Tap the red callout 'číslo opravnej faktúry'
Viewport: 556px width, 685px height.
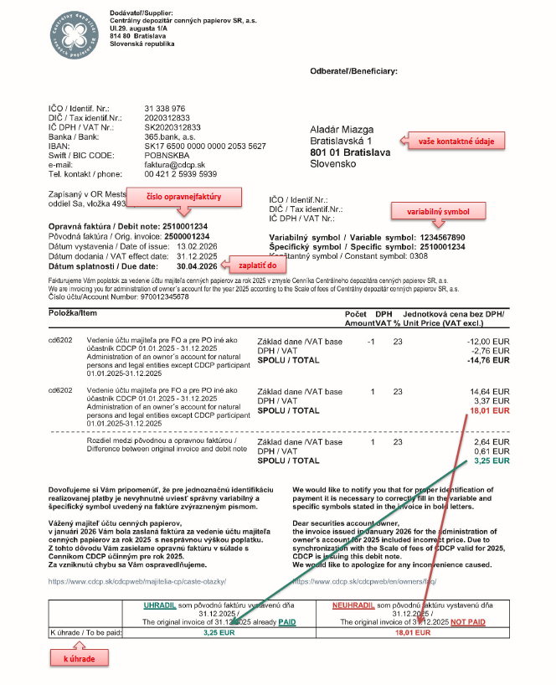pos(188,197)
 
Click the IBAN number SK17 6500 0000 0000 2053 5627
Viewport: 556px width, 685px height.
pos(205,146)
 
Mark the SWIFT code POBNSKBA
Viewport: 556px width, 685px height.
pos(167,155)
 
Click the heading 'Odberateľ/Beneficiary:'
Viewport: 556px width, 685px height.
pos(354,71)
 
